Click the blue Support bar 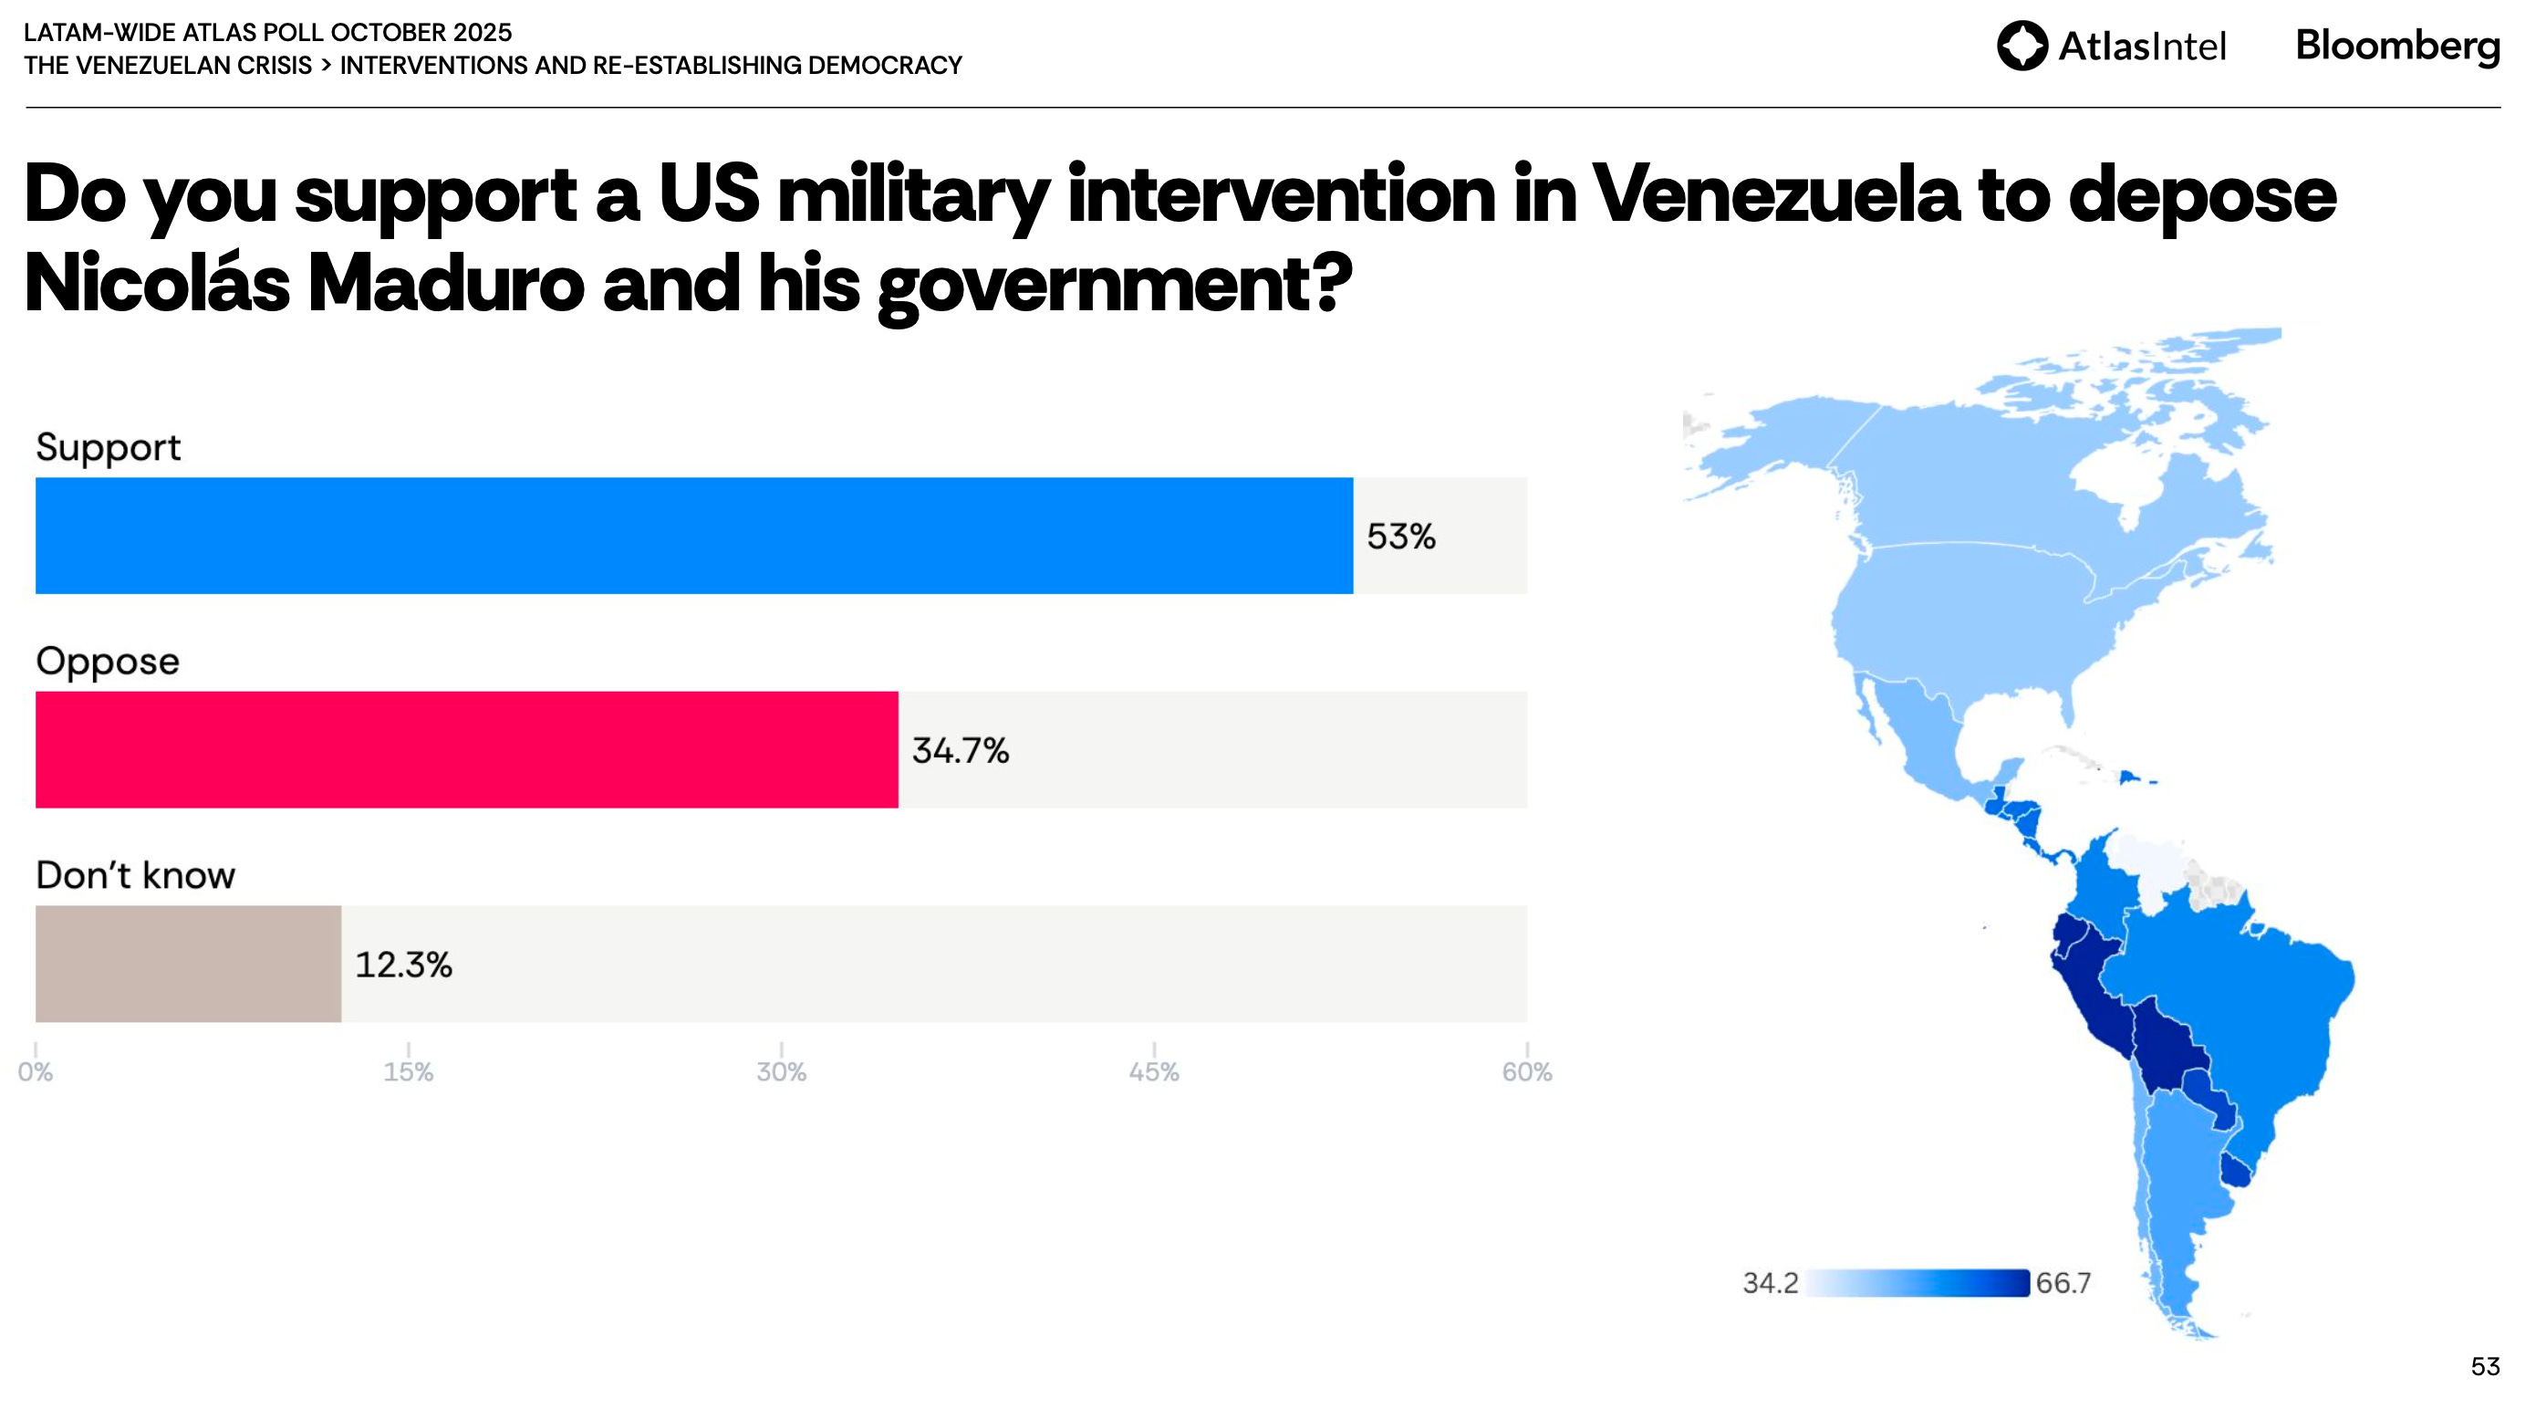click(x=694, y=536)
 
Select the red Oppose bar click(x=467, y=749)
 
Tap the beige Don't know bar click(x=188, y=963)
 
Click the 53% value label click(x=1400, y=537)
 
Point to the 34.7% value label click(x=960, y=750)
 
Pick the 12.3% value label click(x=402, y=965)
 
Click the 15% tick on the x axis click(x=409, y=1071)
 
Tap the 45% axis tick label click(x=1153, y=1071)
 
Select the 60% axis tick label click(x=1526, y=1071)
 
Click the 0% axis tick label click(x=36, y=1071)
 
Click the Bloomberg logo click(x=2396, y=46)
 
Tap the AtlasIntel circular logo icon click(x=2022, y=46)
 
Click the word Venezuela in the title click(x=1775, y=194)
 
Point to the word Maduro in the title click(x=445, y=284)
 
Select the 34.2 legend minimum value click(x=1769, y=1283)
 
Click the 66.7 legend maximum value click(x=2063, y=1283)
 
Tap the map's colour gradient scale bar click(x=1917, y=1283)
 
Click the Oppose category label click(x=108, y=661)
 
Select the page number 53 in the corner click(x=2484, y=1367)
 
